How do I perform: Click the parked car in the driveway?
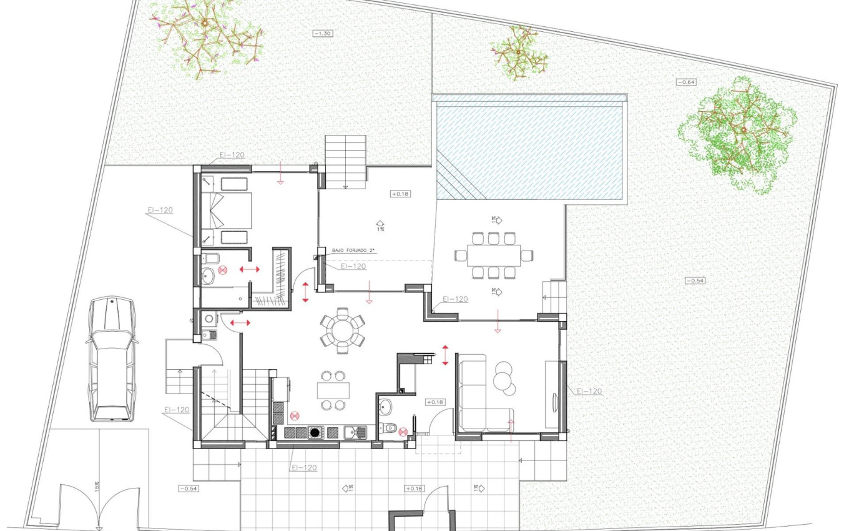[x=111, y=359]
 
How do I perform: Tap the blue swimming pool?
[x=531, y=150]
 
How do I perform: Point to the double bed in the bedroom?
[x=226, y=211]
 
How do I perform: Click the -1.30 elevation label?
[x=323, y=32]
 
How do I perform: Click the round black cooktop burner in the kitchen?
[x=315, y=432]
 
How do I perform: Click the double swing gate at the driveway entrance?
[x=97, y=506]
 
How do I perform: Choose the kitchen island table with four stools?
[x=333, y=390]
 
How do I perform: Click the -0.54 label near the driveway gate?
[x=188, y=489]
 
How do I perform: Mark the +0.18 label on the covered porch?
[x=400, y=194]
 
